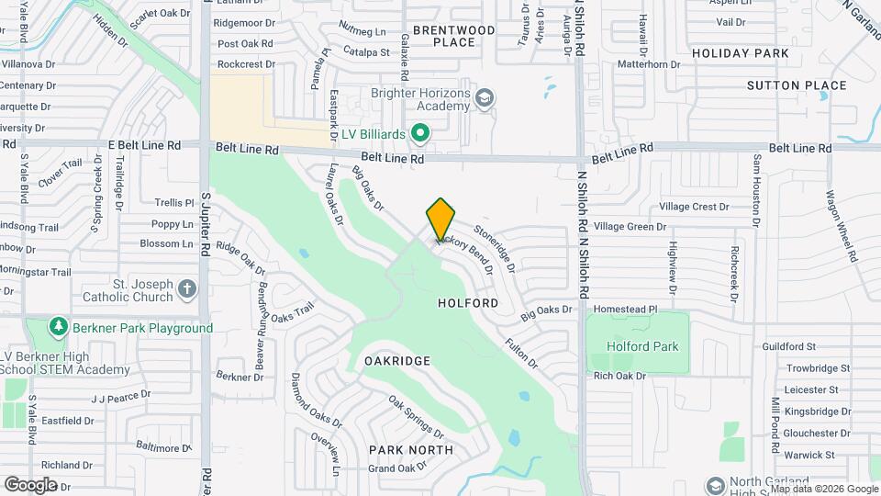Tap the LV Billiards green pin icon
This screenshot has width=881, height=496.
click(x=420, y=134)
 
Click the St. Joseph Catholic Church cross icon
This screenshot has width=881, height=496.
click(x=187, y=289)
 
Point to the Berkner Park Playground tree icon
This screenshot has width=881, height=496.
click(x=59, y=327)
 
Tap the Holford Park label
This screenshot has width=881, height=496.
click(x=642, y=346)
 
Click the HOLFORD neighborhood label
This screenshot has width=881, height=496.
click(x=468, y=302)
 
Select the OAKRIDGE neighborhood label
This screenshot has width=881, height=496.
click(x=397, y=361)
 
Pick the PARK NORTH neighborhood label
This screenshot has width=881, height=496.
click(x=410, y=450)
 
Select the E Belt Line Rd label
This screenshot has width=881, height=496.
click(x=147, y=145)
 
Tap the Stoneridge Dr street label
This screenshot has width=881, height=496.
click(x=495, y=249)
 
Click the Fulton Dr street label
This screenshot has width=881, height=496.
click(x=520, y=354)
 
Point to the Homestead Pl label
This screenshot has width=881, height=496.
click(x=626, y=310)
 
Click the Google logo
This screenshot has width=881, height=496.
click(x=30, y=484)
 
